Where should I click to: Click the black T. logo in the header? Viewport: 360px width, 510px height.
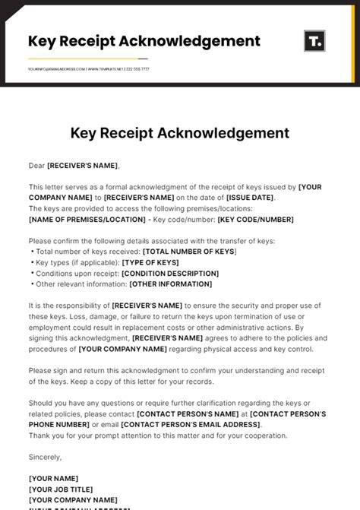click(x=314, y=41)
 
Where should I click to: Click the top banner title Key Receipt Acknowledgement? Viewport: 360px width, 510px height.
click(x=144, y=41)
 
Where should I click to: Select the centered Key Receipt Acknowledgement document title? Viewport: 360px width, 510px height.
click(x=180, y=133)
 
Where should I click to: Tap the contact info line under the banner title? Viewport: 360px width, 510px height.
click(x=89, y=69)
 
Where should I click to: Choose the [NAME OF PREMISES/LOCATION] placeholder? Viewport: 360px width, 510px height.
click(x=87, y=220)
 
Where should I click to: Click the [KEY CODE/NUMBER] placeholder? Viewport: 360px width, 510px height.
click(x=255, y=220)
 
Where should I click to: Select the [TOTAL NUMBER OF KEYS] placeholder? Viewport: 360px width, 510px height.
click(x=190, y=252)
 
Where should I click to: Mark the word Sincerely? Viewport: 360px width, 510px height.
click(x=46, y=457)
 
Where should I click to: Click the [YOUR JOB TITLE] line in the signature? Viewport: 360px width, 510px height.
click(x=61, y=489)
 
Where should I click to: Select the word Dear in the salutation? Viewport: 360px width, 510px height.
click(x=37, y=165)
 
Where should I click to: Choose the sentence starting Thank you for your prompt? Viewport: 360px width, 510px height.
click(x=158, y=436)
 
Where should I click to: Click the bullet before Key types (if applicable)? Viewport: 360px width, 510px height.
click(x=32, y=262)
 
